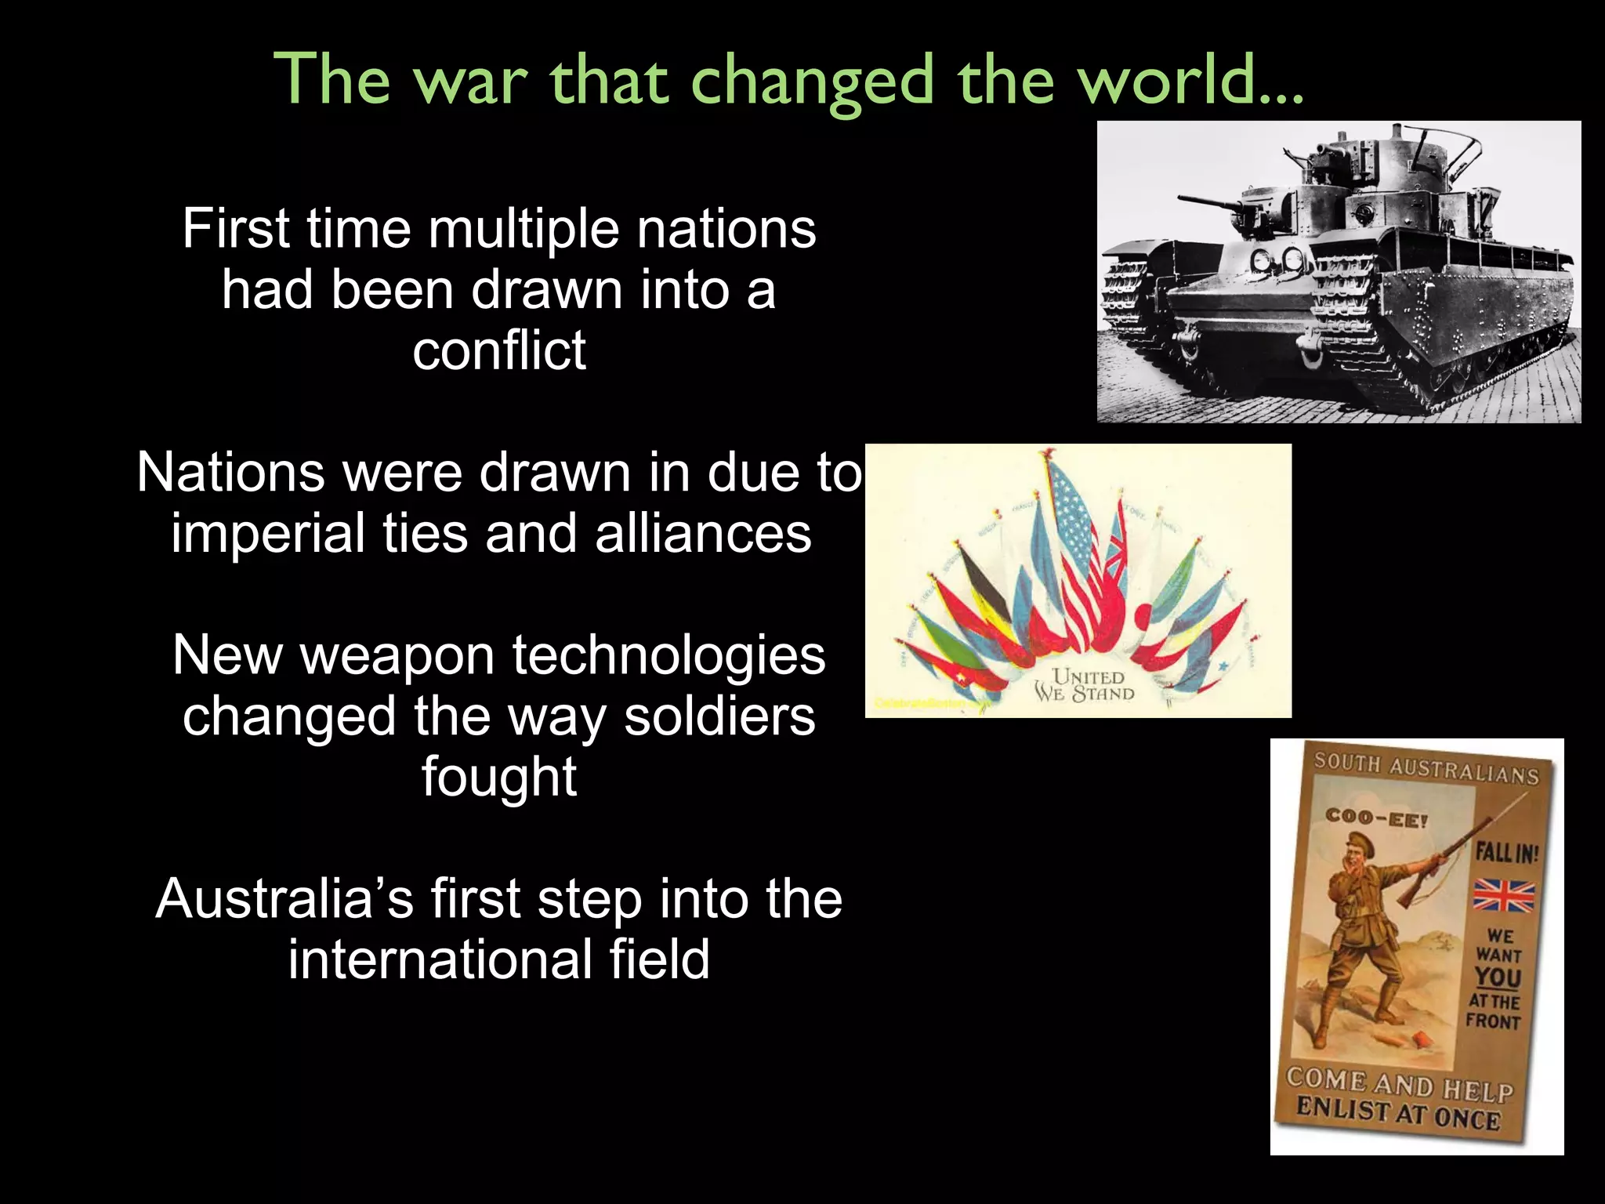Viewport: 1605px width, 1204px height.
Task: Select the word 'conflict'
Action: (499, 350)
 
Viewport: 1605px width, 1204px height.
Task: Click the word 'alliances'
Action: (703, 534)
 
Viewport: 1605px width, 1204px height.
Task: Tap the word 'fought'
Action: (499, 778)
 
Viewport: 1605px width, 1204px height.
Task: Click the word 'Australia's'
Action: (284, 899)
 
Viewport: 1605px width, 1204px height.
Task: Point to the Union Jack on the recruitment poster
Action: (1504, 896)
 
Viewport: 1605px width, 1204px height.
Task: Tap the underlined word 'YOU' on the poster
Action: (1498, 978)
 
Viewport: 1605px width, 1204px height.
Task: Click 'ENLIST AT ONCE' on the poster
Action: (1397, 1114)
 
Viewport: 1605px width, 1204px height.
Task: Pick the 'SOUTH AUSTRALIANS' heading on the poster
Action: (1426, 767)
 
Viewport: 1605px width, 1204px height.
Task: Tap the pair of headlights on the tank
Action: (1276, 258)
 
